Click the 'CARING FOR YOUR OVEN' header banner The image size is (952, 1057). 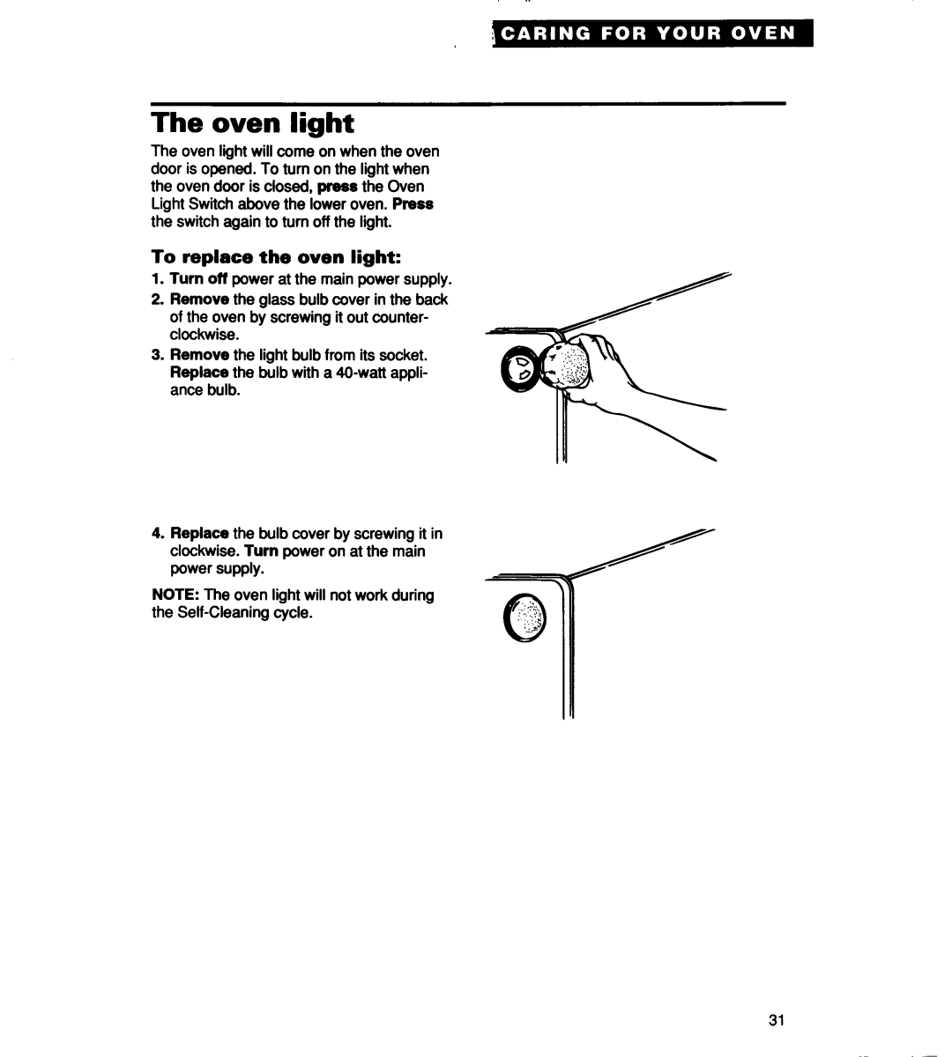[x=652, y=33]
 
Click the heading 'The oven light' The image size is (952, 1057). [x=253, y=123]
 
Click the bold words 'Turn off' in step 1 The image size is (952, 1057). [x=198, y=278]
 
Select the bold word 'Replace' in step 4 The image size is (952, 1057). [x=199, y=533]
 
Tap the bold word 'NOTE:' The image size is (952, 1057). [x=175, y=595]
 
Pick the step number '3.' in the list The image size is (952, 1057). [x=159, y=355]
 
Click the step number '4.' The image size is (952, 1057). [x=159, y=533]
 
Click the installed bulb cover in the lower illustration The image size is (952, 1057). [x=524, y=617]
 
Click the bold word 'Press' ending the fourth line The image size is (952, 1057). [x=413, y=204]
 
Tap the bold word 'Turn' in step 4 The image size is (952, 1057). [x=261, y=551]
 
